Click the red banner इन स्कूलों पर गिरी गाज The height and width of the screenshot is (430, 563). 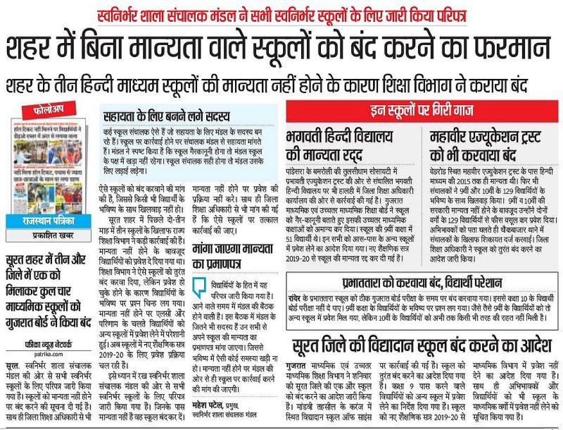pos(422,109)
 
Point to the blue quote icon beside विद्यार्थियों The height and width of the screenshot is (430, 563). pos(199,286)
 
